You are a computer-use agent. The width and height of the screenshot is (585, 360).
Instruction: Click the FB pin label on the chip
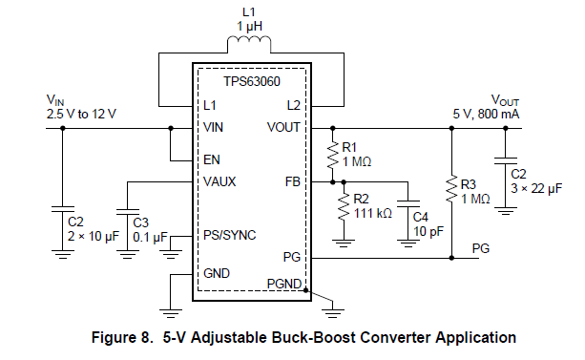(292, 180)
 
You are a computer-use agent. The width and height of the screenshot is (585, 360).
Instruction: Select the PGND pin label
(284, 282)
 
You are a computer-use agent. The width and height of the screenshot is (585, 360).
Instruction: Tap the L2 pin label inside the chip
(292, 104)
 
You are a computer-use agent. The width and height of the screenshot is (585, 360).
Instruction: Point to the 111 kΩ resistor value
(372, 213)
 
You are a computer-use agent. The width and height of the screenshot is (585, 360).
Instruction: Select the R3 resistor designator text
(468, 183)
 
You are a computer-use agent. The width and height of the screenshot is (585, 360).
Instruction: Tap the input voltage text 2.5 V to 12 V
(81, 114)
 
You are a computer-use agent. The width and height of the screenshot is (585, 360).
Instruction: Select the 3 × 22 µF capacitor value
(536, 189)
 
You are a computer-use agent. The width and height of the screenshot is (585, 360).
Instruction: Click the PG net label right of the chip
(482, 248)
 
